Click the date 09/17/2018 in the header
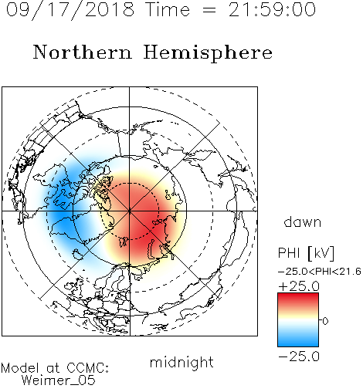pos(70,10)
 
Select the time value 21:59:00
pos(272,9)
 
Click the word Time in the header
pos(168,10)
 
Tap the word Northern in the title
pos(83,52)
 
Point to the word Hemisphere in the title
pos(208,53)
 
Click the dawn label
pos(303,221)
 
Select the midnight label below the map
pos(181,363)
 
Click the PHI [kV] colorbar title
pos(306,253)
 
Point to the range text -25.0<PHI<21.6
pos(320,272)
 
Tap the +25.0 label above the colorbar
pos(299,286)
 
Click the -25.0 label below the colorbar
pos(299,357)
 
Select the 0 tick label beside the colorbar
pos(325,321)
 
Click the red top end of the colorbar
pos(298,296)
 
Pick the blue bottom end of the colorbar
pos(298,343)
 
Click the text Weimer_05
pos(59,380)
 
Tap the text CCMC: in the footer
pos(88,368)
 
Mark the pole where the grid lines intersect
pos(130,211)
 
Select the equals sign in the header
pos(209,11)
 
